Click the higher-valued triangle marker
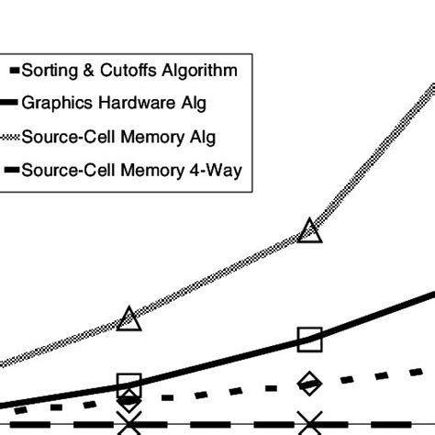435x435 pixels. (x=310, y=230)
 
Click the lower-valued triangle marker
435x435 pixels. (x=129, y=318)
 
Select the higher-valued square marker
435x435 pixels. (x=310, y=339)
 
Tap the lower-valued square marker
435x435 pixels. (x=129, y=385)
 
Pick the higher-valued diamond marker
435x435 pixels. (x=310, y=385)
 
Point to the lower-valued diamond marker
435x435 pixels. (x=129, y=400)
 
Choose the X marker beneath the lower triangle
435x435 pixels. (x=129, y=423)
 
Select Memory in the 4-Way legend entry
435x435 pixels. (x=151, y=170)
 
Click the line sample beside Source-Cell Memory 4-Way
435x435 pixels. (x=10, y=170)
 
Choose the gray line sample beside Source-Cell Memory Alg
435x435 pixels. (x=10, y=136)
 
